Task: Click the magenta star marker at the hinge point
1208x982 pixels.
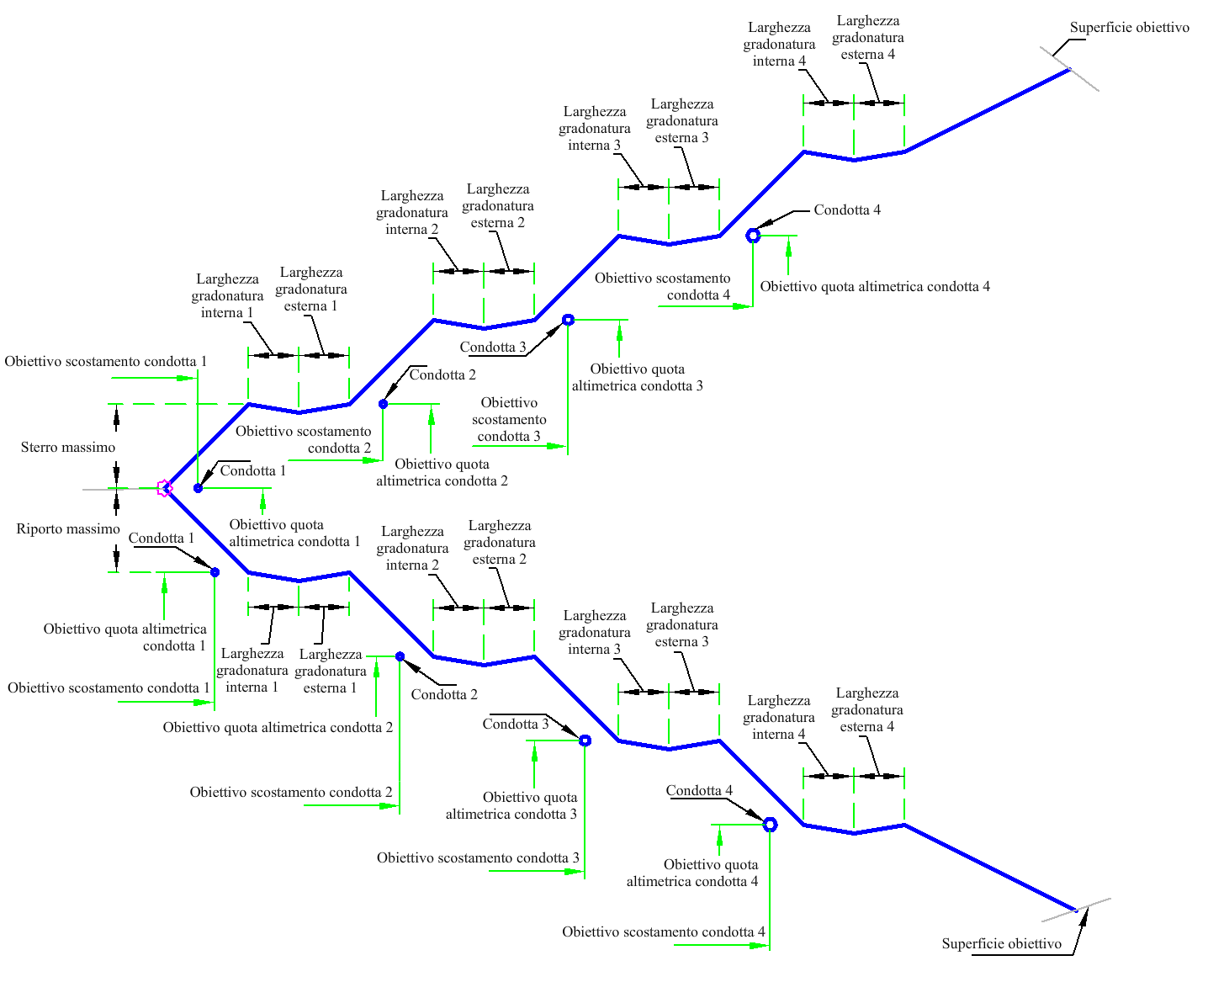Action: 165,488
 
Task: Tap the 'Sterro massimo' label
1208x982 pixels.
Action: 68,447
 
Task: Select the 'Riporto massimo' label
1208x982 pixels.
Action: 68,528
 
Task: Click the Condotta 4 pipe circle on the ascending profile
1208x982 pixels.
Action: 753,235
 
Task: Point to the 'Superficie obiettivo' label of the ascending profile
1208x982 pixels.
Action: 1129,27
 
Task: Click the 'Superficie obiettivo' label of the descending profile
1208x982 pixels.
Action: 1002,943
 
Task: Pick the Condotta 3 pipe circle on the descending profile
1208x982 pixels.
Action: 585,740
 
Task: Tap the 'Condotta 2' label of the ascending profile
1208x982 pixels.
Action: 442,374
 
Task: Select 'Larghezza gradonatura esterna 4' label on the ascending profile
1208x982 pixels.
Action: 867,37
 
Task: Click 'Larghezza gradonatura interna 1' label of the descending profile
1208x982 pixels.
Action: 252,670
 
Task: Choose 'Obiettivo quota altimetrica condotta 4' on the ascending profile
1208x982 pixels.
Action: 875,286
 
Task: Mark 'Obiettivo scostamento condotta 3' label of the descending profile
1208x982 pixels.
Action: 478,857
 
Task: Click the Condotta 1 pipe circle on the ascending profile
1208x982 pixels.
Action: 198,488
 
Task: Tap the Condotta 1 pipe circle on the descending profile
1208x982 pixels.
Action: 215,572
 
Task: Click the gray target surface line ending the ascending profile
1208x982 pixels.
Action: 1069,69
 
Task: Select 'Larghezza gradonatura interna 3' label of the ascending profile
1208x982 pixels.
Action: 595,128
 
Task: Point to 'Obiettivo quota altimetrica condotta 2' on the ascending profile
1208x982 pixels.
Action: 442,473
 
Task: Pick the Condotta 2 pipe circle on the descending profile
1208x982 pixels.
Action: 400,656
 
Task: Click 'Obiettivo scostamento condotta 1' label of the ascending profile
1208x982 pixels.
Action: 105,361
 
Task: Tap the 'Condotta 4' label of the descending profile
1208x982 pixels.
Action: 699,790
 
